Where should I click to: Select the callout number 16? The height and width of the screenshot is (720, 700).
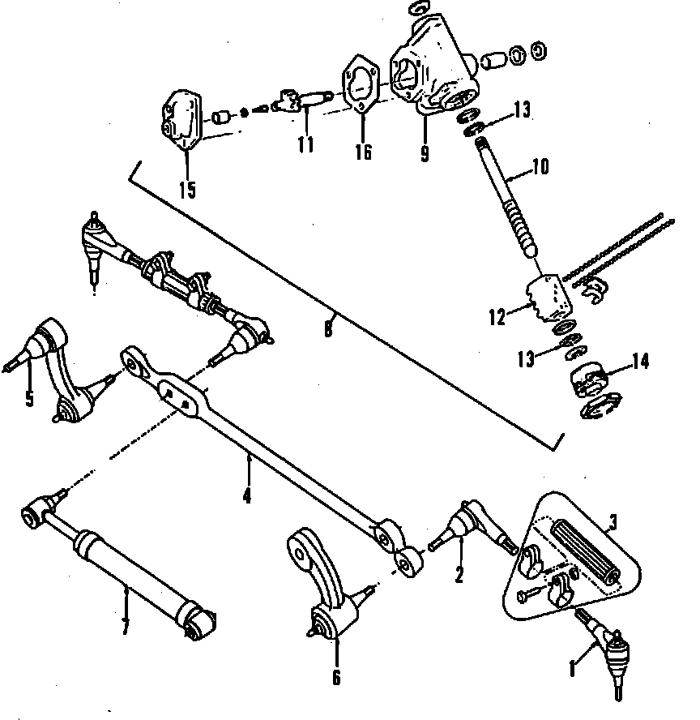coord(364,152)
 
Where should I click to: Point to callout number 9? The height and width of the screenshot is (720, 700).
coord(424,152)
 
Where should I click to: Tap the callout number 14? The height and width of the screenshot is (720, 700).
coord(640,362)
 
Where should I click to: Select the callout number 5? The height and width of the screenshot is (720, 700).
coord(29,399)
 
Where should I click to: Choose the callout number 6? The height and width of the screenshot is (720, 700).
coord(336,676)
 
